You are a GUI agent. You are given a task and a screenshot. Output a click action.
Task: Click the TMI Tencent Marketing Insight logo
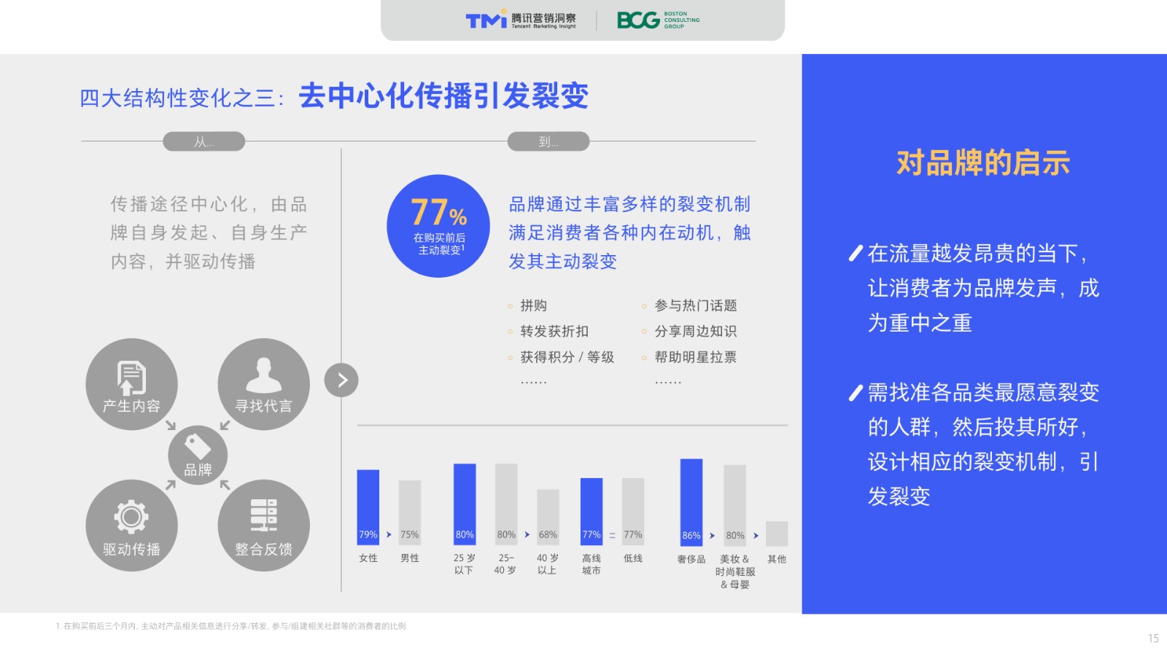521,20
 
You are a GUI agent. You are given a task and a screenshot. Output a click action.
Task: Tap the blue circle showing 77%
438,226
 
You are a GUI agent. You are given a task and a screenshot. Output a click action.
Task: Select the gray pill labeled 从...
203,141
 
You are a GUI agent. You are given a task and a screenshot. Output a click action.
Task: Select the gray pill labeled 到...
548,141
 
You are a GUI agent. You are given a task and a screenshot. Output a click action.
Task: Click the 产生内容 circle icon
131,384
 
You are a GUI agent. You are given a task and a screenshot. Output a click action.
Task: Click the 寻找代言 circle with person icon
263,384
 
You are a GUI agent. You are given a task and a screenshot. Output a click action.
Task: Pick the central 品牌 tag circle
198,455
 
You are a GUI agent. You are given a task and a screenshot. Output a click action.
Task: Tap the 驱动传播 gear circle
131,526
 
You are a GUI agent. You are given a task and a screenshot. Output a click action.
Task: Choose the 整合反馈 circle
263,526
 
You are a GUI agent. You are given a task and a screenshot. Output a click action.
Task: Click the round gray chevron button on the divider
341,380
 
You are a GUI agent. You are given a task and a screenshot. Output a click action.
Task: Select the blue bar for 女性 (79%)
368,507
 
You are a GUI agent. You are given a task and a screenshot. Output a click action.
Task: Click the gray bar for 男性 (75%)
409,513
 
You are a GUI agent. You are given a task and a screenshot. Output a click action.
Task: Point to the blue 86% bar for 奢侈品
691,502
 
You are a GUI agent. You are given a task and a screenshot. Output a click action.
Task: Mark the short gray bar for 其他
777,534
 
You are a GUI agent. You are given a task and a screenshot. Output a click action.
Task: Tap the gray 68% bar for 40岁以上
548,518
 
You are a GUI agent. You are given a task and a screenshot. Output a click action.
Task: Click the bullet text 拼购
533,305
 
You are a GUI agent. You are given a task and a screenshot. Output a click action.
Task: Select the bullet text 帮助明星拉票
696,357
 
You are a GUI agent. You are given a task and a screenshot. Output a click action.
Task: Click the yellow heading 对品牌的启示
983,163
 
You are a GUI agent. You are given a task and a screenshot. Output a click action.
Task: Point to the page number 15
1153,639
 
